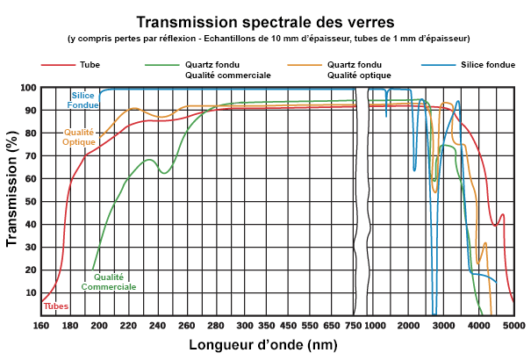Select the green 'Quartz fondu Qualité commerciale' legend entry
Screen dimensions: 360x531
226,70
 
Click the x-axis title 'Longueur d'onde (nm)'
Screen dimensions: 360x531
263,345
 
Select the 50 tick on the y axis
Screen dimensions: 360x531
30,202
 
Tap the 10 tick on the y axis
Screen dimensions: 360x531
30,292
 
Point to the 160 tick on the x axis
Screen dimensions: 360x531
41,325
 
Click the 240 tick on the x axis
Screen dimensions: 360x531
159,325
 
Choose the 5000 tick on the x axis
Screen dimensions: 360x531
514,325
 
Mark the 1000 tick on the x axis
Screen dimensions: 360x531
375,325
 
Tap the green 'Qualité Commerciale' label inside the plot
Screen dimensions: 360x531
109,282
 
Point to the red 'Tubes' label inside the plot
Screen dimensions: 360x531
56,306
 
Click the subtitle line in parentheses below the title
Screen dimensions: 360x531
268,38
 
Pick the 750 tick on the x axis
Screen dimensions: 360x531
352,325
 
